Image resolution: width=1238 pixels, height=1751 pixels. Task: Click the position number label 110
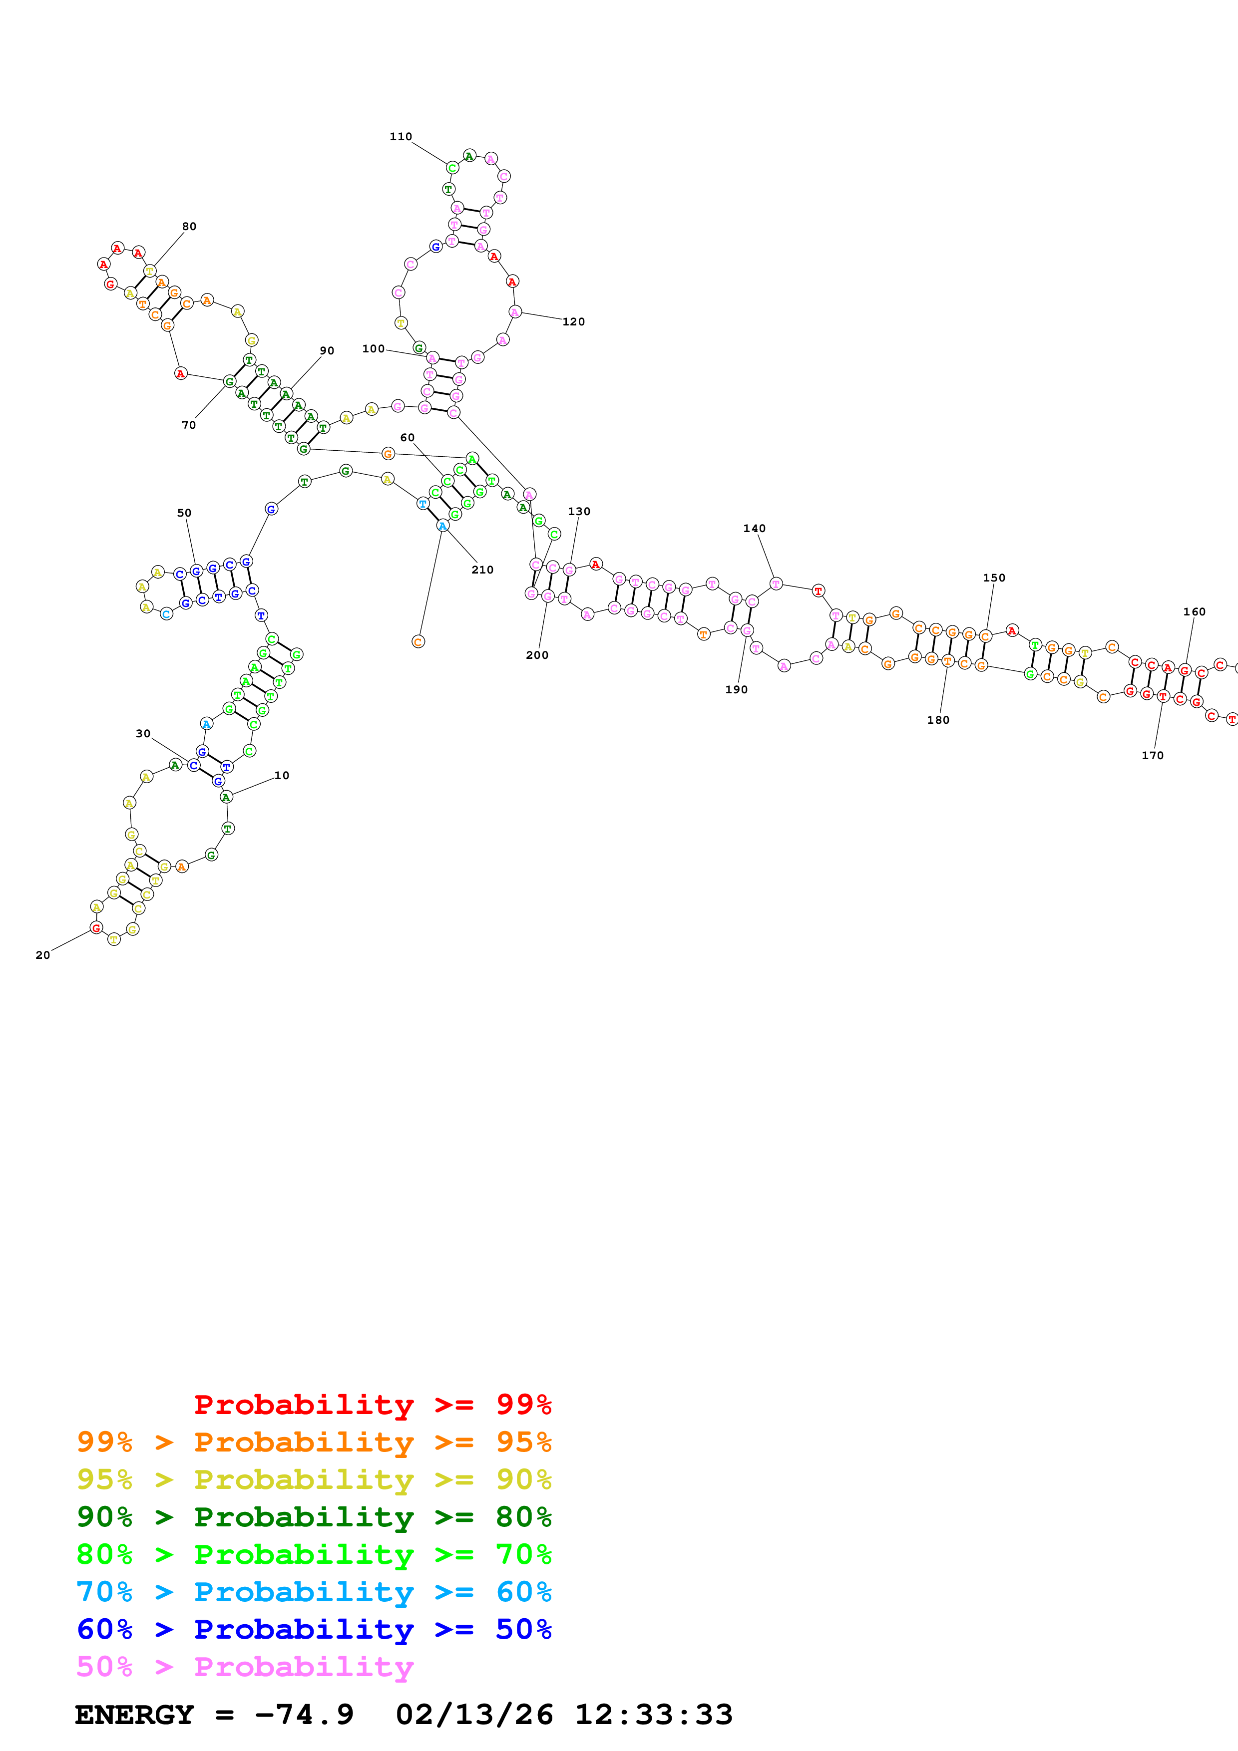coord(401,136)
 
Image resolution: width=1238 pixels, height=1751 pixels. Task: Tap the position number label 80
coord(189,227)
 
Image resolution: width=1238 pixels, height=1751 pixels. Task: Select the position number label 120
coord(574,322)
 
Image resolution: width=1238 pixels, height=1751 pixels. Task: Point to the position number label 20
coord(43,955)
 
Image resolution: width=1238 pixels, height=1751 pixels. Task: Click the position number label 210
coord(482,570)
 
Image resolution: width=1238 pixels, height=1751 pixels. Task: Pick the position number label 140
coord(755,529)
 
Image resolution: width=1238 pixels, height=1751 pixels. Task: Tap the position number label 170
coord(1153,756)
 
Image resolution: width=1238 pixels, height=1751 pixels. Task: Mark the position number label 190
coord(736,689)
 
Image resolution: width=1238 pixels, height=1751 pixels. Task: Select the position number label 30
coord(143,734)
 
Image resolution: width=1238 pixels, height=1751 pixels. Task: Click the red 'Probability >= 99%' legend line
coord(372,1404)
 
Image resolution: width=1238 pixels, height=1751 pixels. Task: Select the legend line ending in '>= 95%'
coord(314,1442)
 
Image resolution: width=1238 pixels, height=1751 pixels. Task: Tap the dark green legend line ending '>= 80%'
coord(314,1517)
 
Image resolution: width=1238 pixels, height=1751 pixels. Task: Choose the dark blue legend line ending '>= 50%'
coord(314,1629)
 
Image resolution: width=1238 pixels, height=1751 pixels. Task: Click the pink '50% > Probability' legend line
coord(244,1666)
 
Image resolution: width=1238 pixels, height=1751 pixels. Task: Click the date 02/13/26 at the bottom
coord(474,1715)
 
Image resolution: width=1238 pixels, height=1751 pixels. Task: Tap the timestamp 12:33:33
coord(654,1715)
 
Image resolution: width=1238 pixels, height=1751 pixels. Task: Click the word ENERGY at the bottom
coord(134,1715)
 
